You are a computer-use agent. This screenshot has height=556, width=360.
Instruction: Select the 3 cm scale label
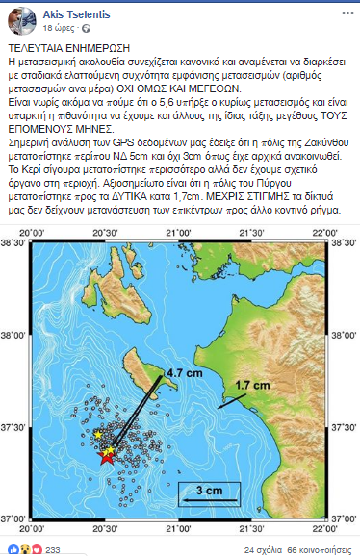click(x=209, y=491)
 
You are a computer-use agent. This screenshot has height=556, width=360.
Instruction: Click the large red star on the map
click(x=107, y=459)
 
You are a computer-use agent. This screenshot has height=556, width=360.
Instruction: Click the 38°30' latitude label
click(x=17, y=247)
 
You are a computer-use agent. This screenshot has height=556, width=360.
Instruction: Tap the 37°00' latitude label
click(x=17, y=517)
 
